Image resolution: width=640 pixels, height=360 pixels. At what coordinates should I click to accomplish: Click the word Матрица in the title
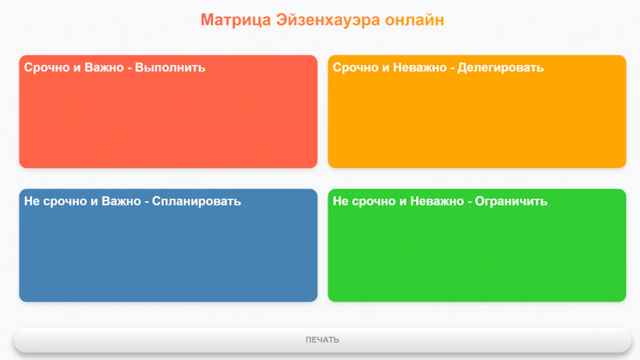[236, 20]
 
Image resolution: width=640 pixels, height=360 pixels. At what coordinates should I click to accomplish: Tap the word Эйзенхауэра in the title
[328, 20]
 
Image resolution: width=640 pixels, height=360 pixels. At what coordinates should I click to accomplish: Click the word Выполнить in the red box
[170, 67]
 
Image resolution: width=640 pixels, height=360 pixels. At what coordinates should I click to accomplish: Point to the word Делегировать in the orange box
[501, 67]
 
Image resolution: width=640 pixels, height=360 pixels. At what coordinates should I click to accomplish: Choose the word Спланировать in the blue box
[196, 201]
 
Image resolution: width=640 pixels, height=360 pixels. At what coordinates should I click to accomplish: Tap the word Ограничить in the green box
[511, 201]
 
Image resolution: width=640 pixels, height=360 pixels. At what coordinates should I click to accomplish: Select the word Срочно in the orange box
[356, 67]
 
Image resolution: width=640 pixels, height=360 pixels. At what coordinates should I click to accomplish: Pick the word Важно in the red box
[104, 67]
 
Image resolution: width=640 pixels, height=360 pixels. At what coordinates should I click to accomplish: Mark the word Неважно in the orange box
[418, 67]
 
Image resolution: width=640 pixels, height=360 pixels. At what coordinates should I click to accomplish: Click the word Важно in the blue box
[121, 201]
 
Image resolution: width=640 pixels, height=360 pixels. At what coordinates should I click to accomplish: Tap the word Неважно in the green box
[436, 201]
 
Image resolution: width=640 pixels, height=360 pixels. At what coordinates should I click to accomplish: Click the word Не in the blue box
[31, 201]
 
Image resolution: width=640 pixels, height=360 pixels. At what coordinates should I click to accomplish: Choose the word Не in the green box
[340, 201]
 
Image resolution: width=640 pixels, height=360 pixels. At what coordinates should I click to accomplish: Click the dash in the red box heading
[129, 68]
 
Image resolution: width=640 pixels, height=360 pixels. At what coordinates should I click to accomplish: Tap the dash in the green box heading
[468, 202]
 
